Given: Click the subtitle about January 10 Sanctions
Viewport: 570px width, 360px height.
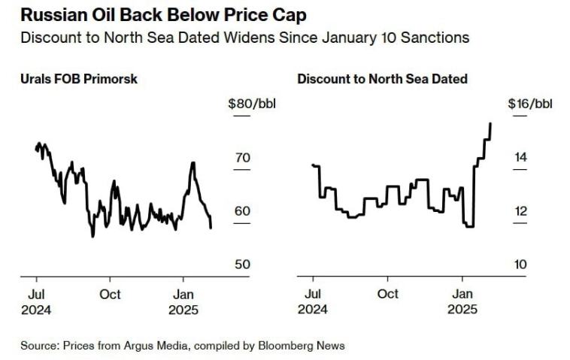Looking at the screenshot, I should (x=244, y=38).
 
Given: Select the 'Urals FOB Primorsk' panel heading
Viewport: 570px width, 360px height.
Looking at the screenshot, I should (x=79, y=78).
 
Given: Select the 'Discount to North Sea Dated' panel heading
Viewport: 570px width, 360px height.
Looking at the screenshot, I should (x=382, y=78).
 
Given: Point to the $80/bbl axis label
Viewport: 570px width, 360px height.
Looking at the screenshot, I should (x=252, y=103).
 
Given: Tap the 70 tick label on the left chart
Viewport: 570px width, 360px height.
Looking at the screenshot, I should (x=241, y=158).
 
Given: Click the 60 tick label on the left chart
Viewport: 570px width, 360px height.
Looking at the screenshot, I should (x=241, y=211).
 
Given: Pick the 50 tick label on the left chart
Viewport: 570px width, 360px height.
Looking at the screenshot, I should (x=241, y=265).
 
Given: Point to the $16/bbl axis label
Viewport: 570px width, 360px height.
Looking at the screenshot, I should (x=529, y=103).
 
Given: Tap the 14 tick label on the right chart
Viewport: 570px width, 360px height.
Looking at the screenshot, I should (x=520, y=158).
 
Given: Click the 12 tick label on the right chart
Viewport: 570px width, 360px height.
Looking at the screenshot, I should (x=520, y=211).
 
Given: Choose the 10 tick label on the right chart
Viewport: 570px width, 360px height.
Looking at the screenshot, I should (x=520, y=265).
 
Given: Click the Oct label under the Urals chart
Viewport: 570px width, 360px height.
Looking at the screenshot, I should (x=111, y=294).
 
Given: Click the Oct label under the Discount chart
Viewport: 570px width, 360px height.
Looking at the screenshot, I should (x=388, y=294).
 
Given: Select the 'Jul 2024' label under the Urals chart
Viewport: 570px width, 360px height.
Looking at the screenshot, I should (x=35, y=301).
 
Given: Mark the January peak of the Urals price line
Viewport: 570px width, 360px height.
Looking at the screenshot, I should (x=193, y=162).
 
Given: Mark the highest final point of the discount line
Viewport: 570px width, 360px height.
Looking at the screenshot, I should (x=490, y=123).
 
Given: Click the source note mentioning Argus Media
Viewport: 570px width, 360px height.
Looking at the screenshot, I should (x=183, y=346).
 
